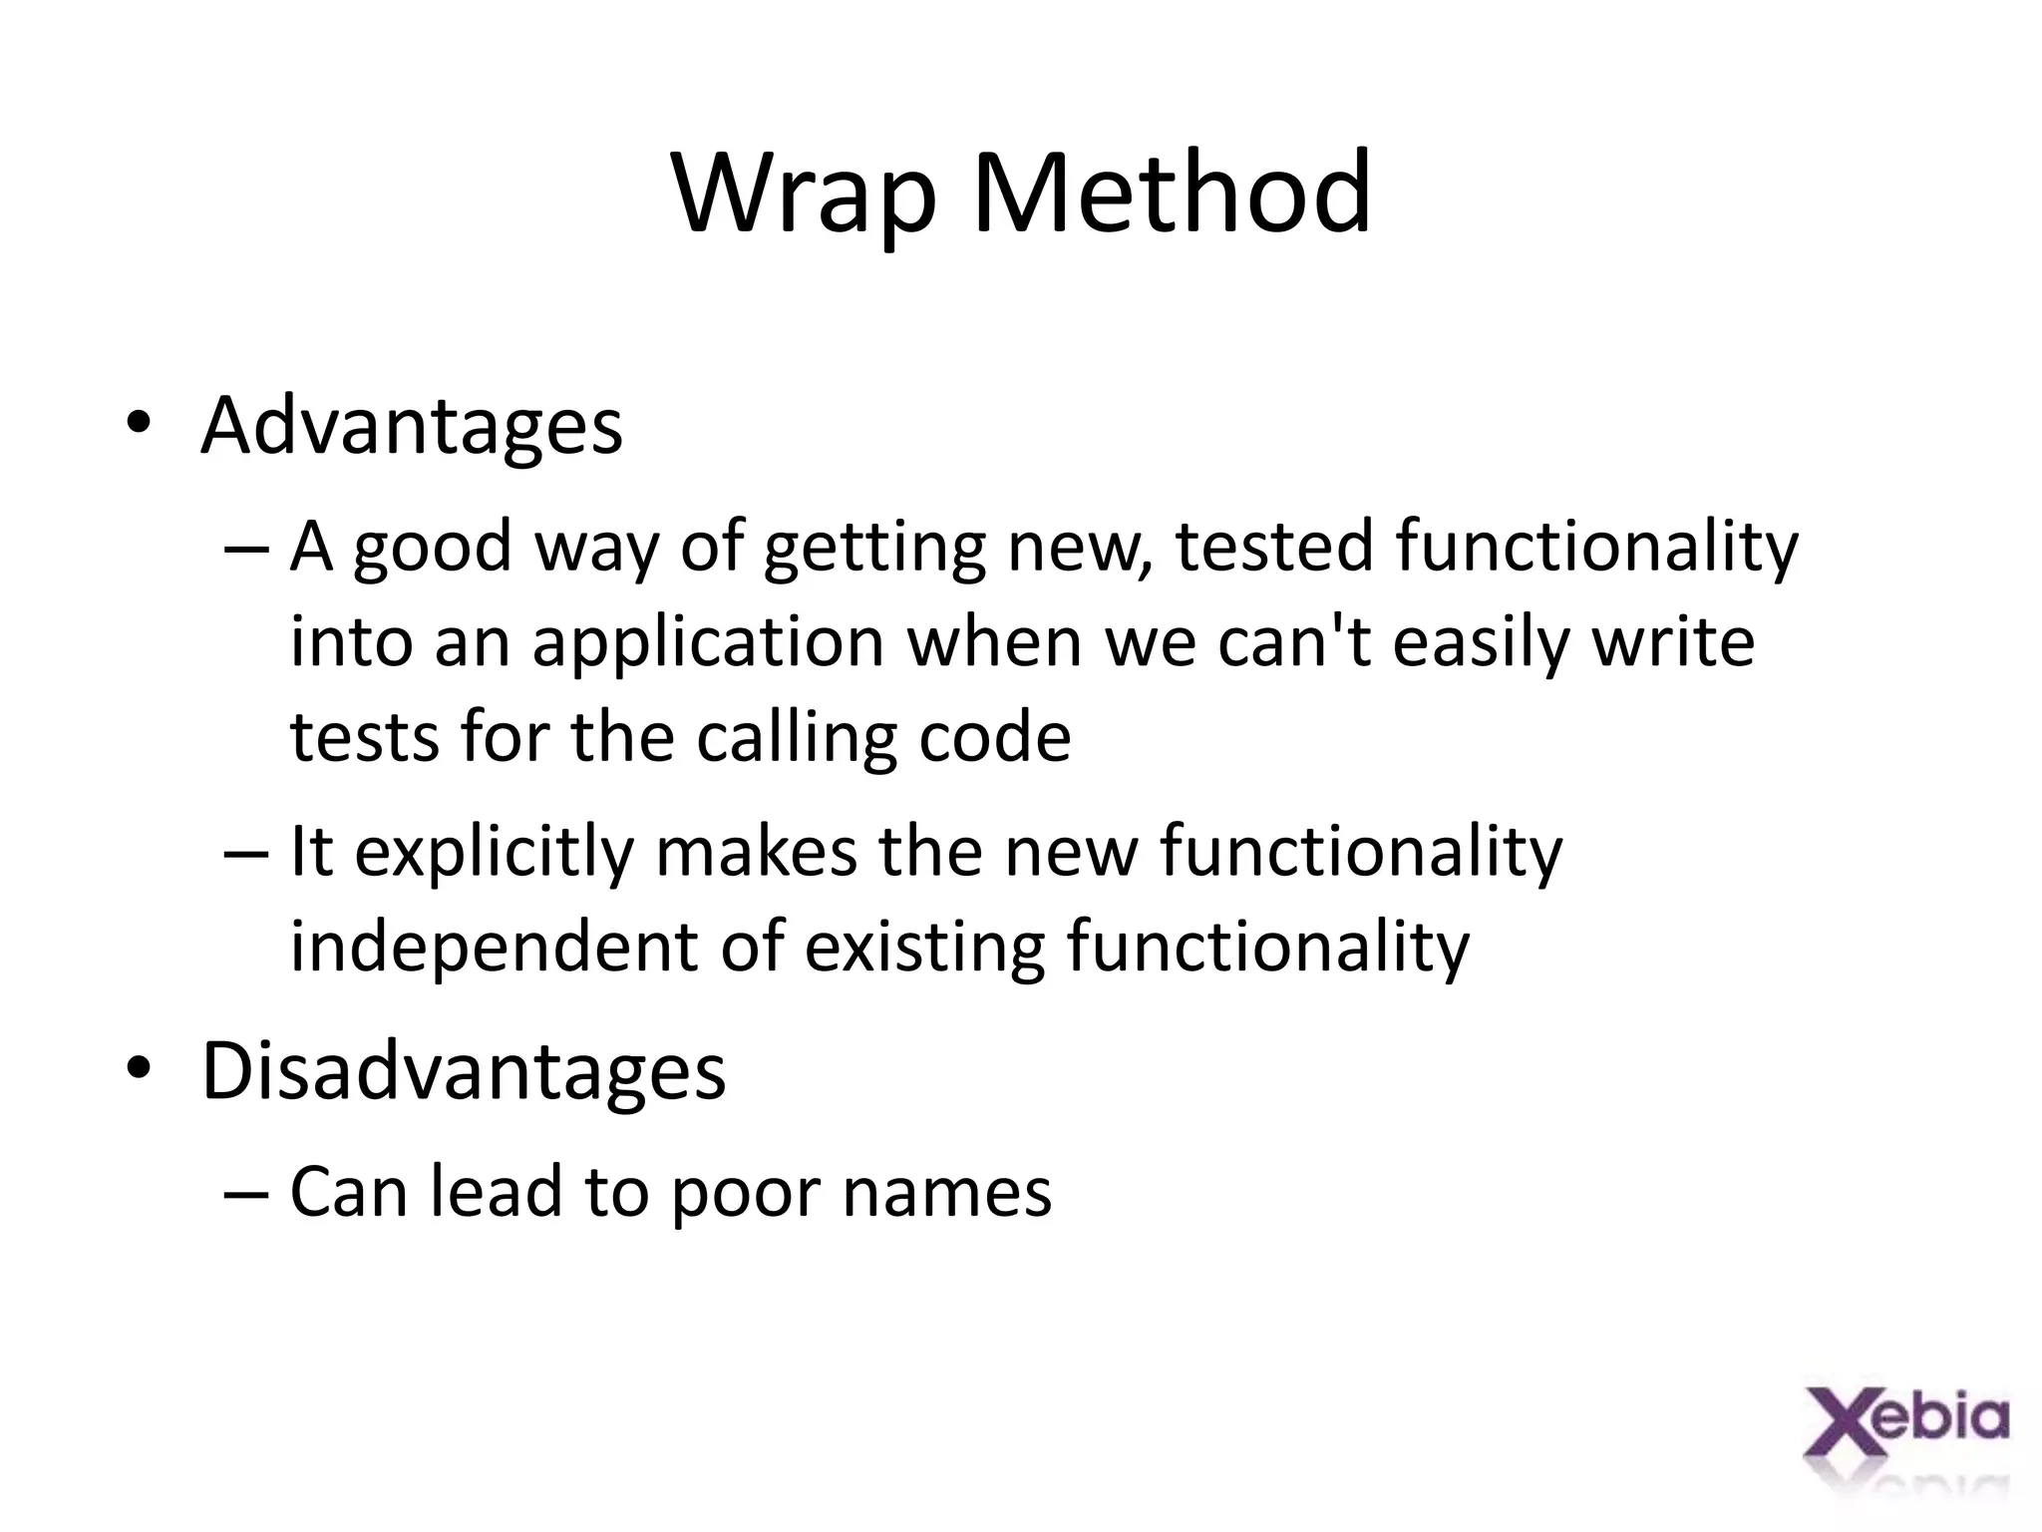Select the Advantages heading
(x=412, y=427)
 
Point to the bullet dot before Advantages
(x=139, y=426)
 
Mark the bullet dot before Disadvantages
(x=139, y=1069)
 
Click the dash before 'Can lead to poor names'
(x=246, y=1193)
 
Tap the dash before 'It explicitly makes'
(x=246, y=854)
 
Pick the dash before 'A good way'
(x=246, y=549)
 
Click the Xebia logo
(x=1906, y=1436)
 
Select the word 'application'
(x=708, y=643)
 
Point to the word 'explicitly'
(x=495, y=854)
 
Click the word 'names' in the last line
(x=946, y=1193)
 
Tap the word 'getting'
(x=874, y=549)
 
